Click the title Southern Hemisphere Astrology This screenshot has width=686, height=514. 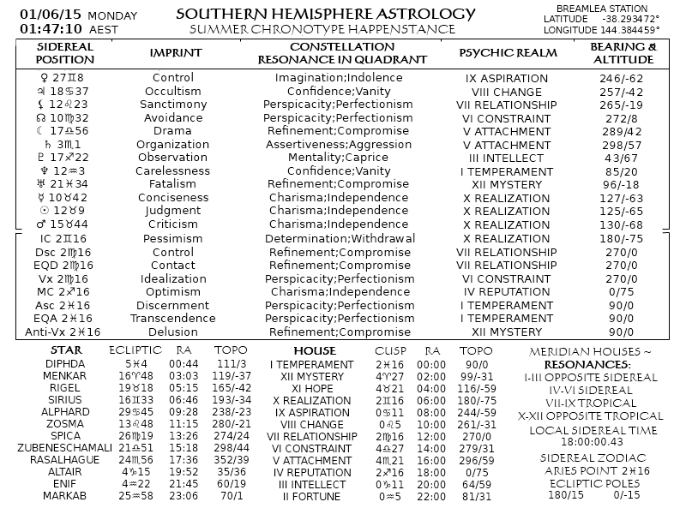click(x=325, y=14)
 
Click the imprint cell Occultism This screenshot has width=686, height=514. click(x=172, y=91)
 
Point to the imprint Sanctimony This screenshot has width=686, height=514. click(x=172, y=105)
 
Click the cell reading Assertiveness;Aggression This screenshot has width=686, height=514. click(x=339, y=145)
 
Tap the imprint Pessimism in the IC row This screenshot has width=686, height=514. click(x=172, y=238)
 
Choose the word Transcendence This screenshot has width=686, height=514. click(x=172, y=318)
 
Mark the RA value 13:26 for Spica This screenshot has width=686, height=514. click(x=184, y=435)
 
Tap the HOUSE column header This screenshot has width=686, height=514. click(x=315, y=350)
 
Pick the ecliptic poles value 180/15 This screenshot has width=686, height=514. click(x=565, y=494)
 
